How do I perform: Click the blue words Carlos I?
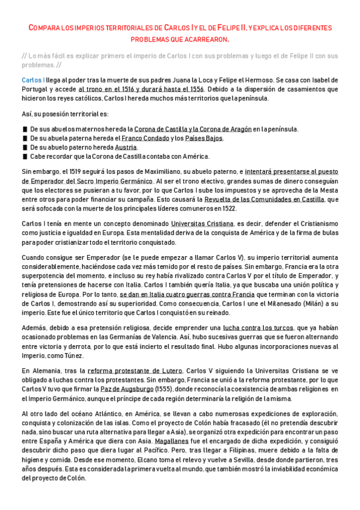pyautogui.click(x=32, y=79)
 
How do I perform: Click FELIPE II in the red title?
pyautogui.click(x=218, y=28)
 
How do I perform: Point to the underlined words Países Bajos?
pyautogui.click(x=205, y=138)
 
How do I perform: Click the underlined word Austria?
pyautogui.click(x=126, y=147)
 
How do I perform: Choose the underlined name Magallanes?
pyautogui.click(x=169, y=440)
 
